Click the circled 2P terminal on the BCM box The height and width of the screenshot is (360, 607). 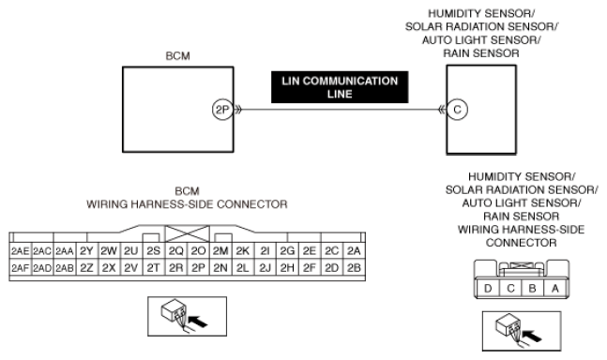pyautogui.click(x=222, y=110)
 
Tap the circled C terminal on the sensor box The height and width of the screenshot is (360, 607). pyautogui.click(x=457, y=110)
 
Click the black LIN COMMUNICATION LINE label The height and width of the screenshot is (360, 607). pyautogui.click(x=340, y=87)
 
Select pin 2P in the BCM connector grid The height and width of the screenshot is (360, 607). pyautogui.click(x=198, y=267)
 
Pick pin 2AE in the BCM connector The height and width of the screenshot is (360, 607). pyautogui.click(x=20, y=251)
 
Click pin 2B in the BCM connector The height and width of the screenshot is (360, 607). pyautogui.click(x=354, y=267)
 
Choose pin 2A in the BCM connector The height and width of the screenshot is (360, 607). pyautogui.click(x=354, y=251)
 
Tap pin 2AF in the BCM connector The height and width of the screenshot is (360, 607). pyautogui.click(x=20, y=267)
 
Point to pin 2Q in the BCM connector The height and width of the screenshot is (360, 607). pyautogui.click(x=176, y=251)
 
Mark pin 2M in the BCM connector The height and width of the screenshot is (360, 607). pyautogui.click(x=220, y=251)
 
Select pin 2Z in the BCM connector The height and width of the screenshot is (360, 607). pyautogui.click(x=86, y=267)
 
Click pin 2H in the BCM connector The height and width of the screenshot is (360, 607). pyautogui.click(x=287, y=267)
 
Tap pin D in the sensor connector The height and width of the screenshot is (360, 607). pyautogui.click(x=488, y=288)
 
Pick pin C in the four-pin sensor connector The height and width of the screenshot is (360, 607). pyautogui.click(x=510, y=288)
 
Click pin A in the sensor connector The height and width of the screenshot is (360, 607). pyautogui.click(x=555, y=288)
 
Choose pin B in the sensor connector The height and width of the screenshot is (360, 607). pyautogui.click(x=533, y=288)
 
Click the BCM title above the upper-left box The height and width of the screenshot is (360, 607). pyautogui.click(x=177, y=56)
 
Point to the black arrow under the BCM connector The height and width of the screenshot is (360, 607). pyautogui.click(x=197, y=322)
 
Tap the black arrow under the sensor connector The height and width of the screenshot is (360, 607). pyautogui.click(x=532, y=336)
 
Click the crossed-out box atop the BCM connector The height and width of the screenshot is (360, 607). pyautogui.click(x=188, y=234)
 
